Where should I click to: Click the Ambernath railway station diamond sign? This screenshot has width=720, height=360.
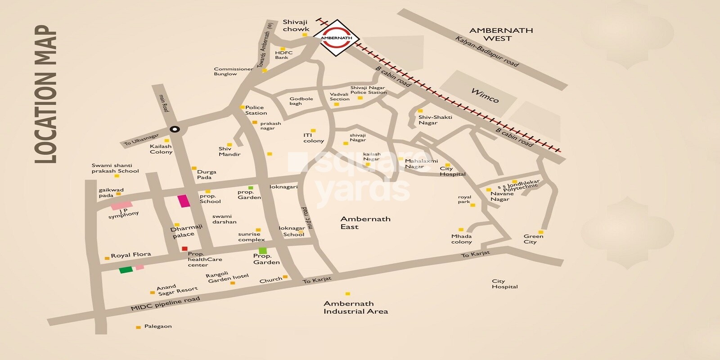pyautogui.click(x=336, y=38)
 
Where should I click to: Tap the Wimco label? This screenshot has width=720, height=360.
pyautogui.click(x=485, y=95)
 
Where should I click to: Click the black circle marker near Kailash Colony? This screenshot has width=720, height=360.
pyautogui.click(x=175, y=130)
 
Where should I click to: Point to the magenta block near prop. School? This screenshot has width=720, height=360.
pyautogui.click(x=183, y=201)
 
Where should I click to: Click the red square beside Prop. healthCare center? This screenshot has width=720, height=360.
pyautogui.click(x=184, y=248)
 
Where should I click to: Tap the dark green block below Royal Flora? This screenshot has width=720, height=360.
pyautogui.click(x=126, y=270)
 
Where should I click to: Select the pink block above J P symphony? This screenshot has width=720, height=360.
pyautogui.click(x=121, y=205)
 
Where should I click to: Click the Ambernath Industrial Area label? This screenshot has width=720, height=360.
pyautogui.click(x=355, y=307)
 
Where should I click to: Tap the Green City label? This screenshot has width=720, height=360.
pyautogui.click(x=533, y=239)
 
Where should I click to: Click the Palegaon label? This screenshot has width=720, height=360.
pyautogui.click(x=158, y=326)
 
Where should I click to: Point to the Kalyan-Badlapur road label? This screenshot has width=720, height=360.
pyautogui.click(x=487, y=52)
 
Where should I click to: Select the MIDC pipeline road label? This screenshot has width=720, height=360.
pyautogui.click(x=165, y=304)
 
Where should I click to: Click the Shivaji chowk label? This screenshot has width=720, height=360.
pyautogui.click(x=296, y=25)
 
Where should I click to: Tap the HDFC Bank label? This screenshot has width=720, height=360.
pyautogui.click(x=283, y=55)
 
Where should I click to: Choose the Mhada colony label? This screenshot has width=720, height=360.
pyautogui.click(x=462, y=239)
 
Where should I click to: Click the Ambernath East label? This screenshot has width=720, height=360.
pyautogui.click(x=365, y=223)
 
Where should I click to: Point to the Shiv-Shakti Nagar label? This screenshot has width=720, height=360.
pyautogui.click(x=435, y=120)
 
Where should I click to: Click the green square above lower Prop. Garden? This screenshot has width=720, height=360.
pyautogui.click(x=263, y=250)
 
